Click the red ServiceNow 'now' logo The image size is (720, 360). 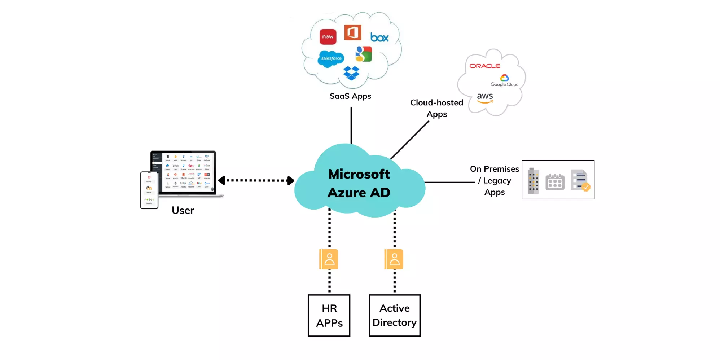(328, 37)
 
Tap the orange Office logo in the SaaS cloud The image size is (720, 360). (352, 33)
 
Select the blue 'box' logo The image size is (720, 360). (379, 38)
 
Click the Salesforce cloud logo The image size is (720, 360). (331, 58)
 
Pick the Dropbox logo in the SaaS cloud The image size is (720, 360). (351, 73)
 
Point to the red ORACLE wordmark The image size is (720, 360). (484, 66)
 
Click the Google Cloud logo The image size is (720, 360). (504, 81)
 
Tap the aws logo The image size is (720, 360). (485, 98)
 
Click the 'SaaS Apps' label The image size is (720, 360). (350, 96)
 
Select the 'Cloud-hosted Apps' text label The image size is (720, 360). (436, 108)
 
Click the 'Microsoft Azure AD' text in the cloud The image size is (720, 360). (359, 183)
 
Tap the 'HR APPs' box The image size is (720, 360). (329, 316)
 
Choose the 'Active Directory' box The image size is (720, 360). (394, 316)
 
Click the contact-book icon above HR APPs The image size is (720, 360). (329, 259)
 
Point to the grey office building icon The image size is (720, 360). (533, 181)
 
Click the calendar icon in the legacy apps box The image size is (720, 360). (555, 181)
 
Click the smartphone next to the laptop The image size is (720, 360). (149, 190)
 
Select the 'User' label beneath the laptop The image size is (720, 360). (183, 210)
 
